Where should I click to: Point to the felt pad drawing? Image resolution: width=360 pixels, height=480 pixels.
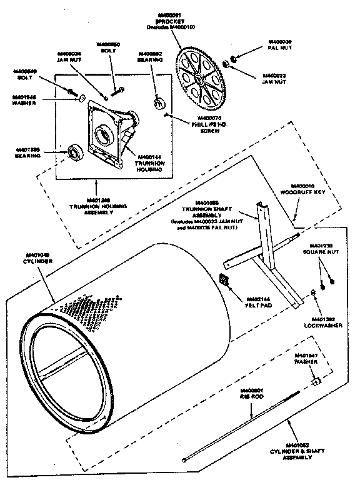pos(226,279)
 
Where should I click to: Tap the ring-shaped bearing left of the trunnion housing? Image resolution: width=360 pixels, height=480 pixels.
pos(76,152)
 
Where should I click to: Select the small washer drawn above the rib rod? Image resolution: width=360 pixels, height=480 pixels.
pos(316,381)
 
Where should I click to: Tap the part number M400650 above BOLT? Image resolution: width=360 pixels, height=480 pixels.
pos(107,44)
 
